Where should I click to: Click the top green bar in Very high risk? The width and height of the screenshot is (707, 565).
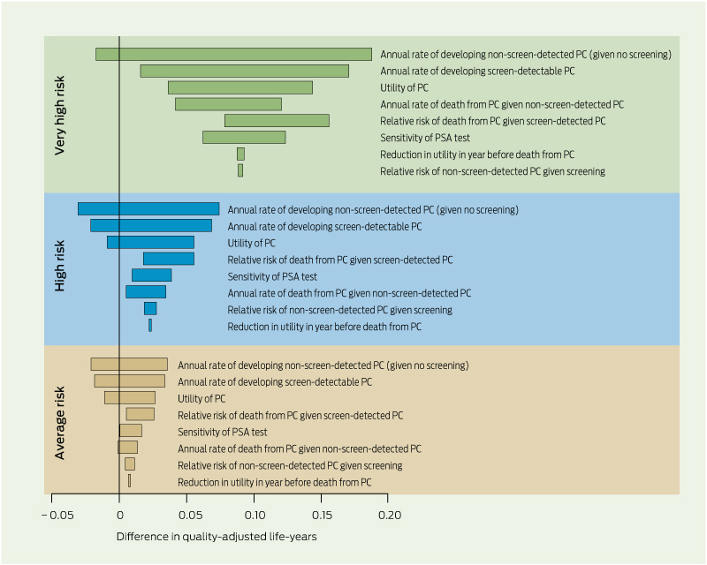(x=233, y=55)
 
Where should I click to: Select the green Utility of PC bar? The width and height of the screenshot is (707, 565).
(x=239, y=87)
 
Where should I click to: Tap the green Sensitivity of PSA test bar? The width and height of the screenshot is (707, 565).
(x=244, y=137)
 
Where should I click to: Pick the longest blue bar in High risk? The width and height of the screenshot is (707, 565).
(x=148, y=209)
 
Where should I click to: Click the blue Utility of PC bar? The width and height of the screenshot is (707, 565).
(x=150, y=243)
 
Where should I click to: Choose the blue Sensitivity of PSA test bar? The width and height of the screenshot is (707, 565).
(x=151, y=275)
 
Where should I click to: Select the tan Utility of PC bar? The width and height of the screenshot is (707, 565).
(x=129, y=398)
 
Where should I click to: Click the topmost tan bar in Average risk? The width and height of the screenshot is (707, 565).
(x=129, y=365)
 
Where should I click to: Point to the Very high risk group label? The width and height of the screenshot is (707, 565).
(x=60, y=116)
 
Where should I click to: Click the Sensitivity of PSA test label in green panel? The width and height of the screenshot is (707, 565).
(x=424, y=138)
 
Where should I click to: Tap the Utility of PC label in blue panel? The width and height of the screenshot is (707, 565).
(x=251, y=243)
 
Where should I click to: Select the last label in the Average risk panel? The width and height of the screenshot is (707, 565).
(x=274, y=482)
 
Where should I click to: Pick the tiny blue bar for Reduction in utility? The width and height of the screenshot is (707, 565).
(x=150, y=325)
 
